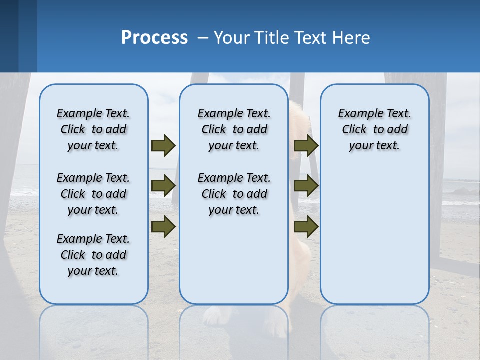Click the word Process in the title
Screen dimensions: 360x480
click(x=154, y=38)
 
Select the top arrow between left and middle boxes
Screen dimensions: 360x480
click(x=163, y=145)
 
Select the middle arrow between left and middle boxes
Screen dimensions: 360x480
click(x=163, y=186)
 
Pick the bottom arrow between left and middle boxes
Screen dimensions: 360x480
click(x=163, y=227)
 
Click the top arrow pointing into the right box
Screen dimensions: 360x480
click(x=306, y=145)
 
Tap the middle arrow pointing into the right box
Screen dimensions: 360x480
click(x=306, y=186)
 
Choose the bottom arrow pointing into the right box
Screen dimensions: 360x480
click(x=306, y=227)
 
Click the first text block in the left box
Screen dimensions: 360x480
click(x=93, y=129)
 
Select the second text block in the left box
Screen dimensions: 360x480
click(x=93, y=194)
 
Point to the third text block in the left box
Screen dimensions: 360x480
click(x=93, y=255)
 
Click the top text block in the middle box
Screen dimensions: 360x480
click(x=234, y=129)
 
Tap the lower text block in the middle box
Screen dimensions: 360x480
click(x=234, y=194)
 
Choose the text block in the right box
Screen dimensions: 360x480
click(x=374, y=129)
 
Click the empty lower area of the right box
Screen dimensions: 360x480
click(x=374, y=240)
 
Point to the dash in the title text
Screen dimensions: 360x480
click(x=203, y=38)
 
